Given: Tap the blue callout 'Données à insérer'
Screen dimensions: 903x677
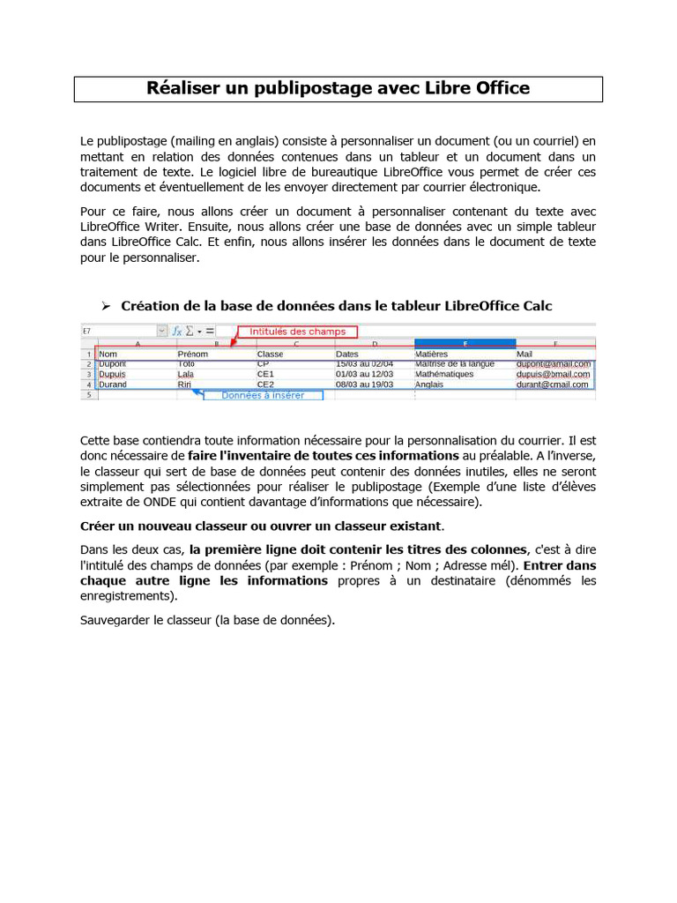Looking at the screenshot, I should (263, 395).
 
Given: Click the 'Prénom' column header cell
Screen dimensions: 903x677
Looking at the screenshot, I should (193, 354).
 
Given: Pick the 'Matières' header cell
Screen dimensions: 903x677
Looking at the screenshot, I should (431, 354).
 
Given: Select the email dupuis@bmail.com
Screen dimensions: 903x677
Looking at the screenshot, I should (553, 374).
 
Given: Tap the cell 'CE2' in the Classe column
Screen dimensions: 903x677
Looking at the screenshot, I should (265, 384).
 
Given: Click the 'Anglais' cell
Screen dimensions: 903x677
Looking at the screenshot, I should (429, 384).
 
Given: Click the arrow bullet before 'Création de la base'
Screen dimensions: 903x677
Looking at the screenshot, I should (105, 305).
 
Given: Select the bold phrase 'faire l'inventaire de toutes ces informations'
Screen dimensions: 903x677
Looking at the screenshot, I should (324, 456).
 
